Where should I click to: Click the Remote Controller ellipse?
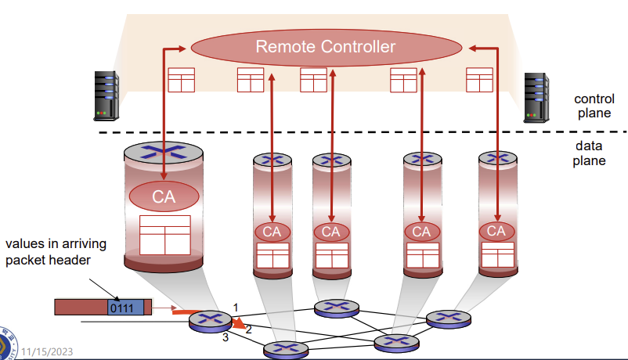click(325, 48)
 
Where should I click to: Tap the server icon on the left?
click(106, 95)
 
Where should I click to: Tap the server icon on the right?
click(535, 97)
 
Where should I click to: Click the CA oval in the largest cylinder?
click(164, 196)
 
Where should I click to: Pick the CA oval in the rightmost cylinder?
click(496, 231)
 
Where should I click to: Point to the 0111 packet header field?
click(125, 307)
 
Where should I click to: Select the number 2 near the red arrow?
click(248, 329)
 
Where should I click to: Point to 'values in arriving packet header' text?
click(56, 252)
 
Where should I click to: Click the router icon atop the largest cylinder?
click(164, 154)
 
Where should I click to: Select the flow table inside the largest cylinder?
click(165, 235)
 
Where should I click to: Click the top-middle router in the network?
click(337, 308)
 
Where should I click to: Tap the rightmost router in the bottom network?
click(448, 318)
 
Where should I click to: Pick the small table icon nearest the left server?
click(181, 80)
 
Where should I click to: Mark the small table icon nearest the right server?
click(479, 80)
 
